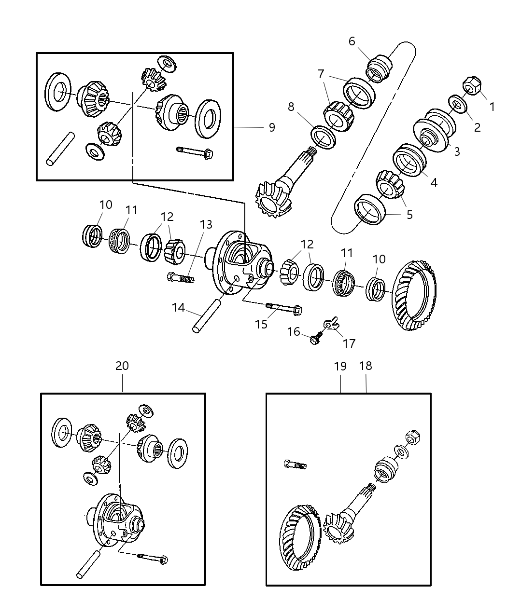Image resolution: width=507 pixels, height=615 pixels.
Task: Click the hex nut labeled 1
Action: tap(470, 86)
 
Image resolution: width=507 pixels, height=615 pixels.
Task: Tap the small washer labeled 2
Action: tap(455, 104)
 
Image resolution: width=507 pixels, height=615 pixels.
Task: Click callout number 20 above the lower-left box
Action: tap(122, 366)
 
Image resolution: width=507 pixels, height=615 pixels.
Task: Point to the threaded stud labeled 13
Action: tap(181, 277)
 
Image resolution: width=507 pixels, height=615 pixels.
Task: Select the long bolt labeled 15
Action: tap(284, 308)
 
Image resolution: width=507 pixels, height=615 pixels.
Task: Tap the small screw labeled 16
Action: tap(315, 340)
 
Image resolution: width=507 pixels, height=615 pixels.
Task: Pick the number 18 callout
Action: tap(366, 366)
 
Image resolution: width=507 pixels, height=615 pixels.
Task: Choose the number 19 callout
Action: tap(340, 366)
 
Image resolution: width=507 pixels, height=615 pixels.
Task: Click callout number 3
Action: tap(456, 151)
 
